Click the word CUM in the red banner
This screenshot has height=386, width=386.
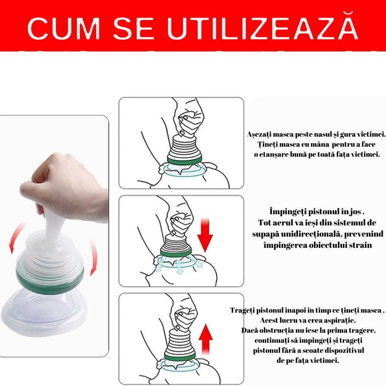click(64, 28)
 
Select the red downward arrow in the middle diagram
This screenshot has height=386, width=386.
click(205, 235)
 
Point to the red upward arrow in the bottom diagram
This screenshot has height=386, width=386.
click(206, 339)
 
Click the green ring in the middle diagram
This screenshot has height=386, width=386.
click(176, 252)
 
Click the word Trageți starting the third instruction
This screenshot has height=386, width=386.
click(242, 310)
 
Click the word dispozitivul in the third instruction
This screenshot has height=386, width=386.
click(344, 350)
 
